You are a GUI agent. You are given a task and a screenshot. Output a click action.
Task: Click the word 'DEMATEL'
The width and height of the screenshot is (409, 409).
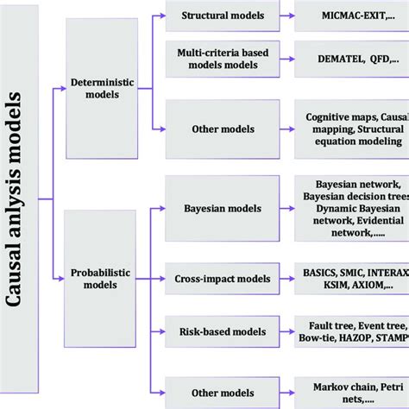coord(332,60)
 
